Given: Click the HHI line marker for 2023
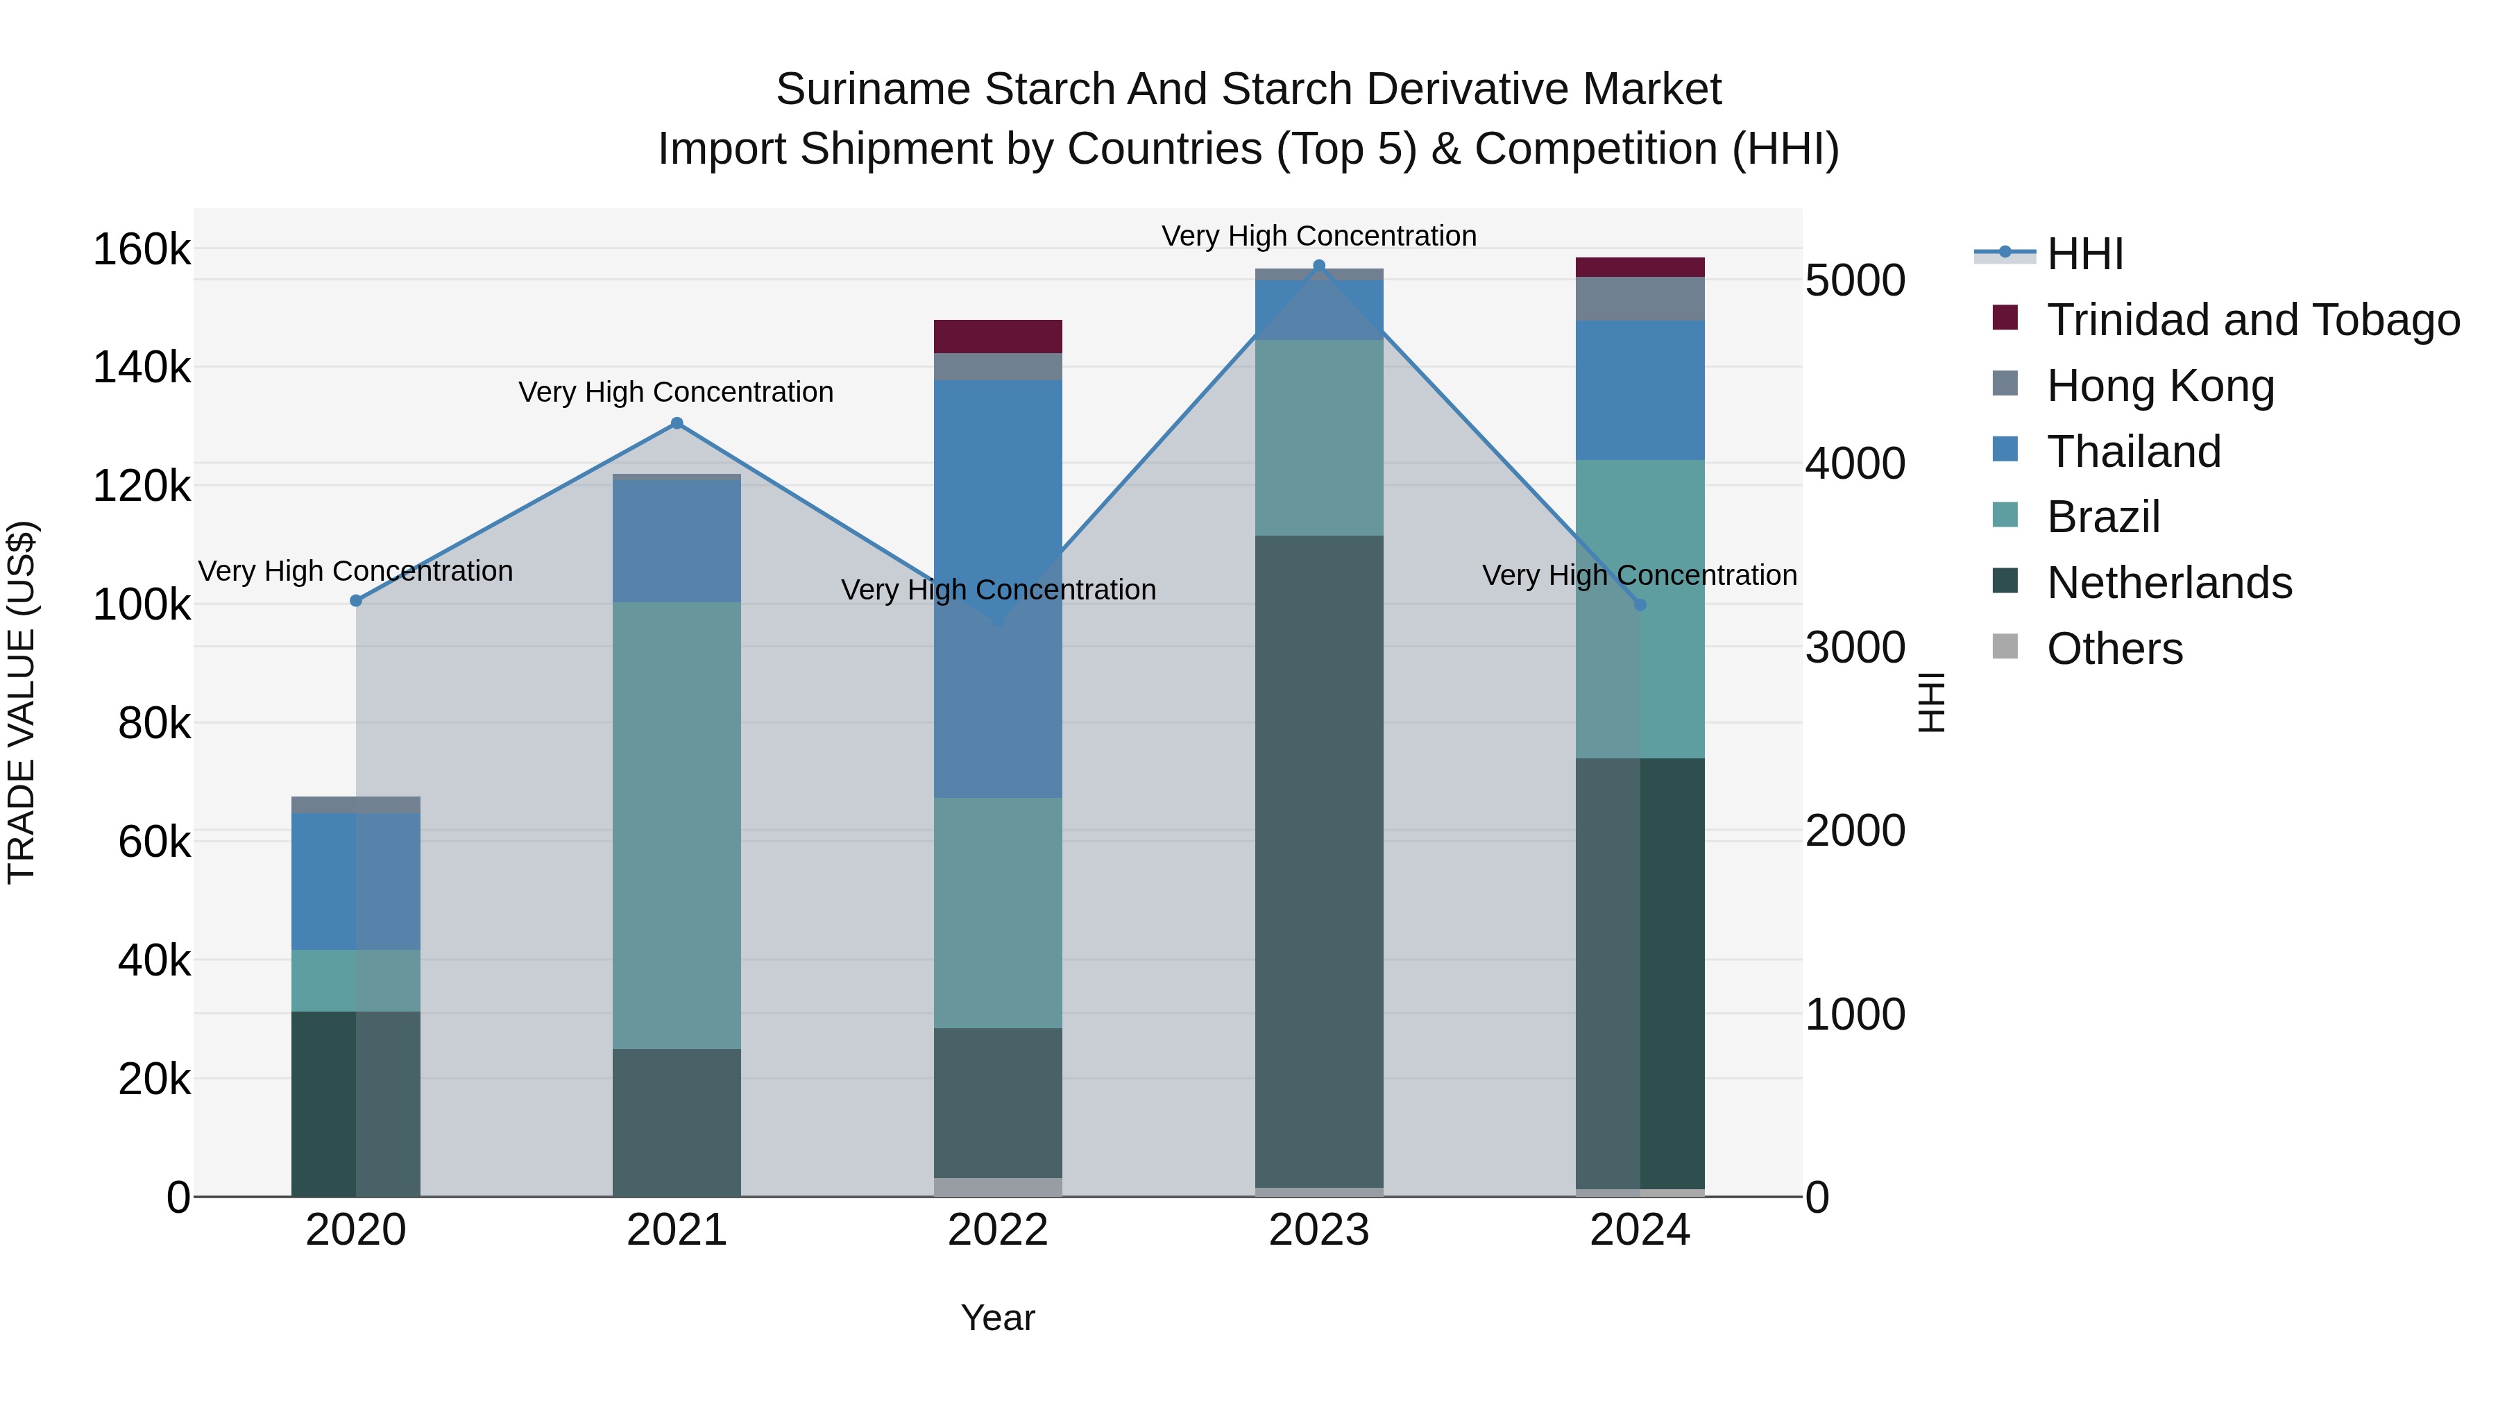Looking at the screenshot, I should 1319,266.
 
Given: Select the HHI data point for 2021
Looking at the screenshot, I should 677,423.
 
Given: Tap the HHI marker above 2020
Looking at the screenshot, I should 356,601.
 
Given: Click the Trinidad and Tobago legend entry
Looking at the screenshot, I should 2252,320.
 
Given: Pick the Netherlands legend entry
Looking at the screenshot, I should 2168,583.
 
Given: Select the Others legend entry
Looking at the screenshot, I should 2114,649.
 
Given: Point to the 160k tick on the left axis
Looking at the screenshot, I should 142,250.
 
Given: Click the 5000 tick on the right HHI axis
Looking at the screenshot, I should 1855,280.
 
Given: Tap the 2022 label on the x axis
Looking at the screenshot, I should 998,1230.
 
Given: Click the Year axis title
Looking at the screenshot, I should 998,1318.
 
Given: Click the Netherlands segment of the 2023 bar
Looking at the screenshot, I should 1319,861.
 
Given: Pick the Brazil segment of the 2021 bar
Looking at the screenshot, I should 677,825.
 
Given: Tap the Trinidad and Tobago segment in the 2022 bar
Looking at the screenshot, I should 998,337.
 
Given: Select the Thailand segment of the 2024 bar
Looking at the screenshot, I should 1640,390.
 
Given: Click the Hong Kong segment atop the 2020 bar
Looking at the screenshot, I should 356,805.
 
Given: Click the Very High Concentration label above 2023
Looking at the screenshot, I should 1319,236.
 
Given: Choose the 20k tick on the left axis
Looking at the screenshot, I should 153,1079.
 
